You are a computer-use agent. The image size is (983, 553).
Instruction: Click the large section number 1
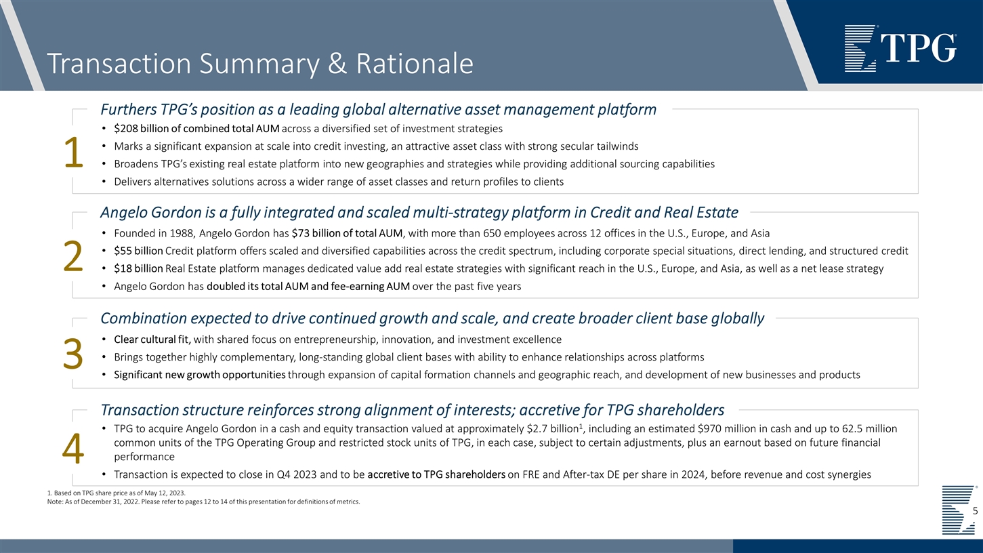(72, 155)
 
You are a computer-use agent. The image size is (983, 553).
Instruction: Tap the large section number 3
(72, 356)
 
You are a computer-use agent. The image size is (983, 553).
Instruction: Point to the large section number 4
(72, 449)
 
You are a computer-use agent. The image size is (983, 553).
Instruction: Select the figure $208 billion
(138, 129)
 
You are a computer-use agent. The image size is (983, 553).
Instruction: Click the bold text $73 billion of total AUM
(348, 234)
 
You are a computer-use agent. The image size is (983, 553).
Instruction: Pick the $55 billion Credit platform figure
(138, 251)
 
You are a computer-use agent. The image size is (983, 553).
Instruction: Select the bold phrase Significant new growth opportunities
(199, 375)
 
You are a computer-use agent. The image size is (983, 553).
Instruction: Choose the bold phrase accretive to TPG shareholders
(436, 474)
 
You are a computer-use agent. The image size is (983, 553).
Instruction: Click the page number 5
(974, 511)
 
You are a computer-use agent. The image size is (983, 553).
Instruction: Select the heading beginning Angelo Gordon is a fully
(419, 213)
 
